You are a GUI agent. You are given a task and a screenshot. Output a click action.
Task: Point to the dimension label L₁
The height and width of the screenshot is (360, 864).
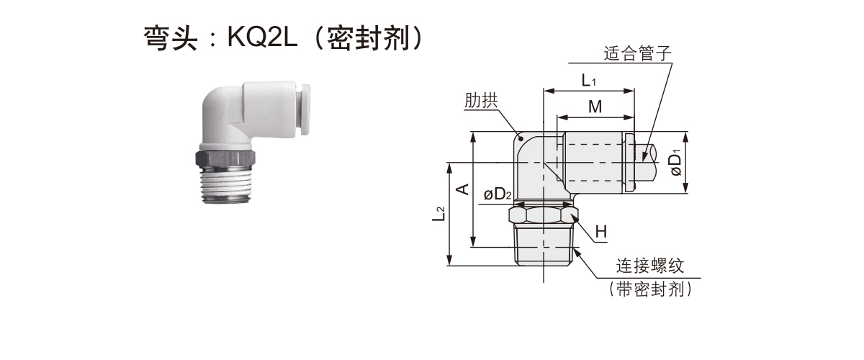pos(589,79)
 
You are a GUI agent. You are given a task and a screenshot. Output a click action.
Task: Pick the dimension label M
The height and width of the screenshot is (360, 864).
pos(595,107)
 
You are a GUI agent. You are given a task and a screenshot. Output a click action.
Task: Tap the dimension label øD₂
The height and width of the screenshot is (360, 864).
pos(498,194)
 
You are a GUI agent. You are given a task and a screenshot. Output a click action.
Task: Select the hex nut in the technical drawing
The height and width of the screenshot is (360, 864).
pos(544,216)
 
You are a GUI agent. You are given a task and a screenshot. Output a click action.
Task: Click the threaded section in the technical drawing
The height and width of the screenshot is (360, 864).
pos(544,245)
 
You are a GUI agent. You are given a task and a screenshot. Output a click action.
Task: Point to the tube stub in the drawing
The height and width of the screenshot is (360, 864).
pos(652,163)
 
